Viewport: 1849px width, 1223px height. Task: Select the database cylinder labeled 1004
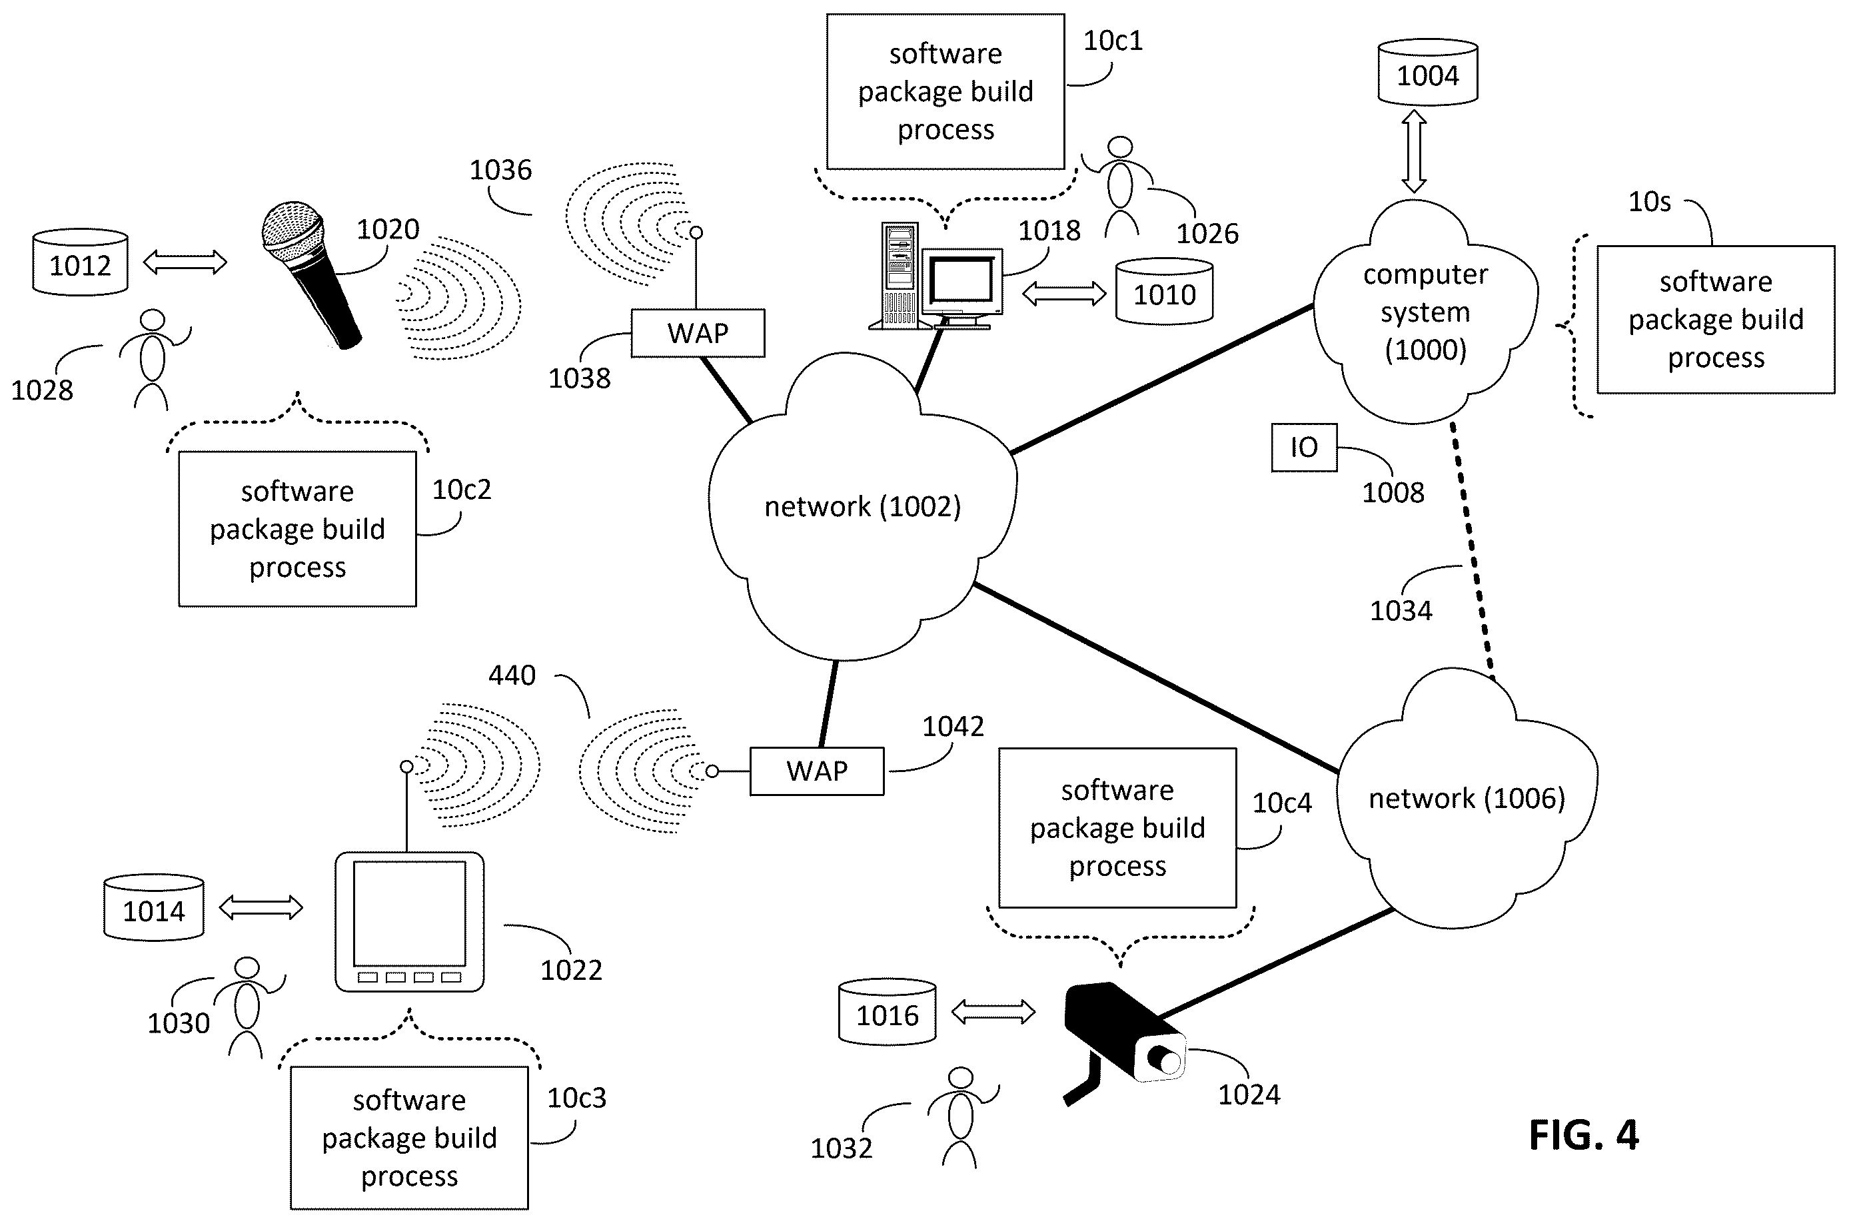pyautogui.click(x=1427, y=72)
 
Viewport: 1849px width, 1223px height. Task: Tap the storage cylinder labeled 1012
pyautogui.click(x=81, y=262)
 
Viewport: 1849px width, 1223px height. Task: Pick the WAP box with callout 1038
pyautogui.click(x=698, y=333)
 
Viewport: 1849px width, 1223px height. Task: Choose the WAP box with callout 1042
pyautogui.click(x=817, y=771)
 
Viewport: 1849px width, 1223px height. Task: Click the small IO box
pyautogui.click(x=1304, y=447)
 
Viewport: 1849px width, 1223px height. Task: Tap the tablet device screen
pyautogui.click(x=409, y=913)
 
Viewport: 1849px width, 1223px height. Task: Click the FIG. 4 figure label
pyautogui.click(x=1583, y=1135)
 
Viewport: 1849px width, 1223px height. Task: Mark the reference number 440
pyautogui.click(x=512, y=675)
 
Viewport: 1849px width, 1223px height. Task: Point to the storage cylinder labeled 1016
pyautogui.click(x=887, y=1012)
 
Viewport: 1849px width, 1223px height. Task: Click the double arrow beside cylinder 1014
pyautogui.click(x=261, y=907)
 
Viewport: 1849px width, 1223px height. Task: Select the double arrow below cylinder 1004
pyautogui.click(x=1415, y=151)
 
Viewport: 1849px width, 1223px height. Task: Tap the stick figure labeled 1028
pyautogui.click(x=153, y=360)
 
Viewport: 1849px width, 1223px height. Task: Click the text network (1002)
pyautogui.click(x=862, y=507)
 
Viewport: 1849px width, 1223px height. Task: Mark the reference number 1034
pyautogui.click(x=1401, y=610)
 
